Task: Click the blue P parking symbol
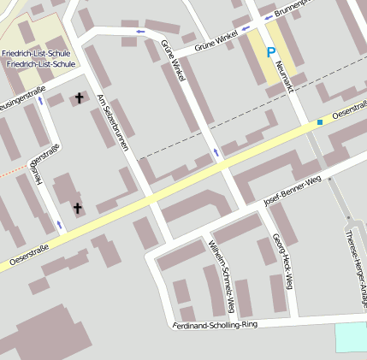[271, 53]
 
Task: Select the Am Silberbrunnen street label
[113, 121]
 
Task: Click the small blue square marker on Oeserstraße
[320, 122]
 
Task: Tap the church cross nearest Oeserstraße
[77, 208]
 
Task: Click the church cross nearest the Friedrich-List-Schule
[80, 98]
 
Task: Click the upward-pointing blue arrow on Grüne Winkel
[216, 153]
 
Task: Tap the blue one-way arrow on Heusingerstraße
[60, 224]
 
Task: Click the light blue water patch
[350, 337]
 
